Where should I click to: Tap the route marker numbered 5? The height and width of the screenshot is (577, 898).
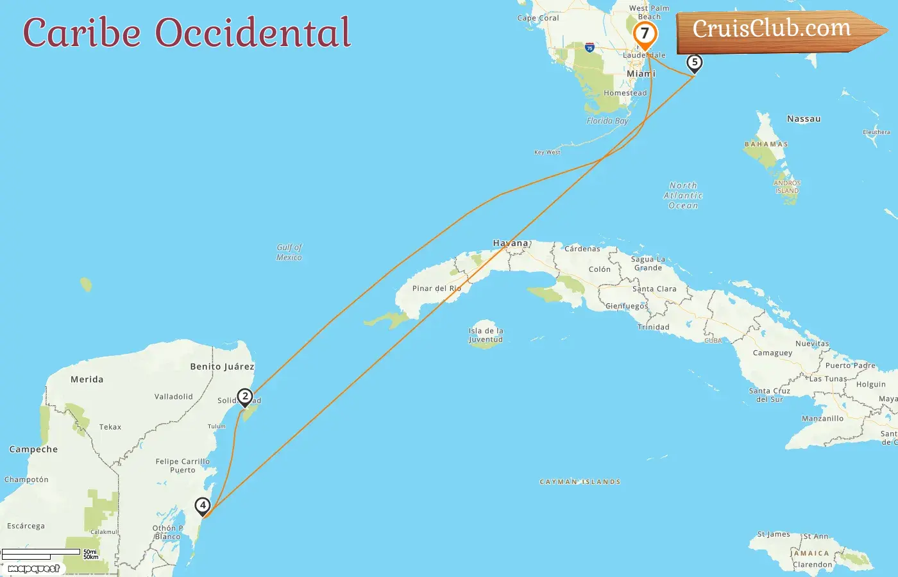click(x=694, y=63)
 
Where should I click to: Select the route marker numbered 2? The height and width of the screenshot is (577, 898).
click(x=244, y=397)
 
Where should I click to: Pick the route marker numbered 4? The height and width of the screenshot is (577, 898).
click(x=203, y=506)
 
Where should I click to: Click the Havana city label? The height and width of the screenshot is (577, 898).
click(x=511, y=243)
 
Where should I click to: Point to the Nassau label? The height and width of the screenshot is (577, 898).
click(x=804, y=119)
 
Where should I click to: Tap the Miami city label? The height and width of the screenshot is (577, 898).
click(x=641, y=74)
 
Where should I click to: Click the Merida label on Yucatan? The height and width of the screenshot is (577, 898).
click(x=87, y=380)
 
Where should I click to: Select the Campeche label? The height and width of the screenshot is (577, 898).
click(x=33, y=449)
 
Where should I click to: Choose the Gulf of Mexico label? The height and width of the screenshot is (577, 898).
click(x=289, y=252)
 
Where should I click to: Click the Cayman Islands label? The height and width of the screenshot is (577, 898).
click(x=580, y=481)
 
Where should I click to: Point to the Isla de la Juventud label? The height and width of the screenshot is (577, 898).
click(x=486, y=335)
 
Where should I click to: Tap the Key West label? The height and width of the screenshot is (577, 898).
click(x=547, y=153)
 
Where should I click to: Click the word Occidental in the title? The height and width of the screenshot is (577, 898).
click(x=253, y=33)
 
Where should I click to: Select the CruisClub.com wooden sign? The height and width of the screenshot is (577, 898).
click(x=776, y=30)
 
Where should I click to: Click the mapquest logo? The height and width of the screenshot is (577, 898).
click(x=33, y=569)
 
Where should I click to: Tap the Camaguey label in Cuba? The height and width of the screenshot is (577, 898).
click(x=772, y=353)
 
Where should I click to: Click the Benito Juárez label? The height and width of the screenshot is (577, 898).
click(x=222, y=367)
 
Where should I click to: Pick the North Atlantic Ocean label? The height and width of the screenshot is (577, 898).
click(x=683, y=196)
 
